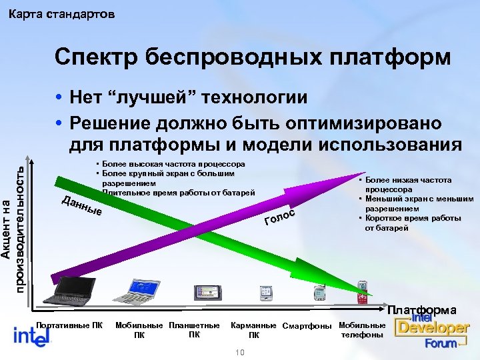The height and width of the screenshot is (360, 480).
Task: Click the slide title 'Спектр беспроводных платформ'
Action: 253,57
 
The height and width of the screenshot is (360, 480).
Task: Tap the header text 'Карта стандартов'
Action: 61,13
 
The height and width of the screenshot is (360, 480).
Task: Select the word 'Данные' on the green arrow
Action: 81,207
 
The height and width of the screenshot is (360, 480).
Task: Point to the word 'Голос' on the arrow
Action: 279,217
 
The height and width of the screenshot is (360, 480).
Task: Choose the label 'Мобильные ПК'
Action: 139,330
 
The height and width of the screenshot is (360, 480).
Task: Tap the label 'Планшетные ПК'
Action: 194,329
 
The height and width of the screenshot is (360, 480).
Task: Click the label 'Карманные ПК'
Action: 253,330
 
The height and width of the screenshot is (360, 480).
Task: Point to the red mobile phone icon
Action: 363,291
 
